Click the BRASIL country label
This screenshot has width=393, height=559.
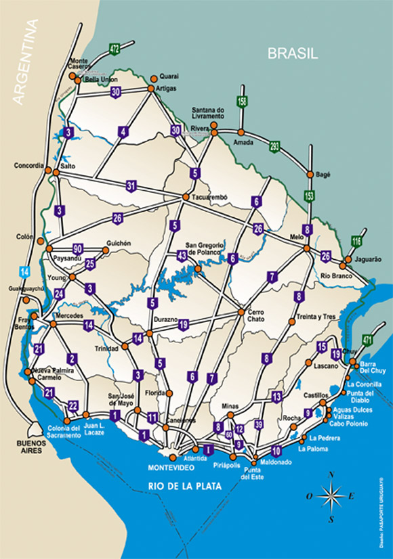click(292, 54)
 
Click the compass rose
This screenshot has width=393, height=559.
click(331, 497)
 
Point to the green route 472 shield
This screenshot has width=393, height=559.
click(115, 49)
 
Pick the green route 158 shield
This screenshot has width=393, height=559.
click(242, 102)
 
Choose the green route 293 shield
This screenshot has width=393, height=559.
click(274, 146)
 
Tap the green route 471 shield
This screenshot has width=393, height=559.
click(368, 340)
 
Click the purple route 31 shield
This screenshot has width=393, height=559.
click(131, 185)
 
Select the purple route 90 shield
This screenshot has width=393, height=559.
click(78, 249)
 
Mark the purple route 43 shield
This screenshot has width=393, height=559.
click(182, 255)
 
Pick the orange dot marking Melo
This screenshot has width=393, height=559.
click(307, 248)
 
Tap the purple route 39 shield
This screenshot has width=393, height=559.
click(259, 424)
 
